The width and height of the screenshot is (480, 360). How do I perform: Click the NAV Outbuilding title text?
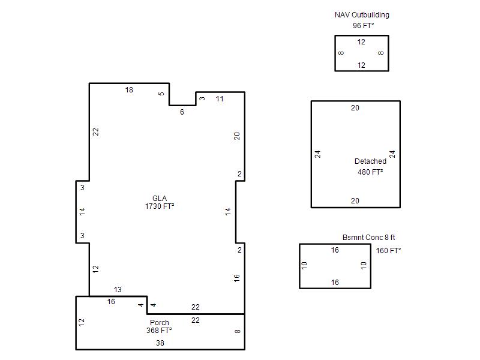tap(362, 15)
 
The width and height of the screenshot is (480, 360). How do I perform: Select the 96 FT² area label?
tap(364, 25)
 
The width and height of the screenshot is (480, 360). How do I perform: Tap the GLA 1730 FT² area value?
tap(160, 206)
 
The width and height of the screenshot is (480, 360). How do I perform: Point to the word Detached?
tap(370, 161)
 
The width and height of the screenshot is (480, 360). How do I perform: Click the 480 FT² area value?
tap(370, 172)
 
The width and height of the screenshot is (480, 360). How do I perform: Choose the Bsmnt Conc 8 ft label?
tap(368, 237)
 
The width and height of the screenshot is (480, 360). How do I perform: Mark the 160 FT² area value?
tap(388, 251)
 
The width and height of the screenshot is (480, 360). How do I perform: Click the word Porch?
tap(160, 323)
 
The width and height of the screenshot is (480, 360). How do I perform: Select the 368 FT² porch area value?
tap(159, 331)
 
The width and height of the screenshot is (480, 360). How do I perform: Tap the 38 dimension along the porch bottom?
tap(160, 343)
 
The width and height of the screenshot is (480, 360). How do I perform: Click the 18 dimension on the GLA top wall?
tap(129, 90)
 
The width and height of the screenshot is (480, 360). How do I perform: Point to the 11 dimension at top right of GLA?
tap(220, 99)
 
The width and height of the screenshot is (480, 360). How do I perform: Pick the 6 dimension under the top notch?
tap(182, 112)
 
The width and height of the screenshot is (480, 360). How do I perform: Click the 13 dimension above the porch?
tap(118, 290)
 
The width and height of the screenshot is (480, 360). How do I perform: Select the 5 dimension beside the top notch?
tap(161, 94)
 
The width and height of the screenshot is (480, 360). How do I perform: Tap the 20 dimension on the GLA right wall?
tap(237, 136)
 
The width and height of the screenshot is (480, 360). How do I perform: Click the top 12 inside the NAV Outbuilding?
tap(361, 42)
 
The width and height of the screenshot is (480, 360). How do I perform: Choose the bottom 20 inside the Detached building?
tap(355, 201)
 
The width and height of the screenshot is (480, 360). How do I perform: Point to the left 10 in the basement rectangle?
tap(304, 265)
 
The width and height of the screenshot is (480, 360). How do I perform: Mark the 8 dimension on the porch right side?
tap(238, 331)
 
